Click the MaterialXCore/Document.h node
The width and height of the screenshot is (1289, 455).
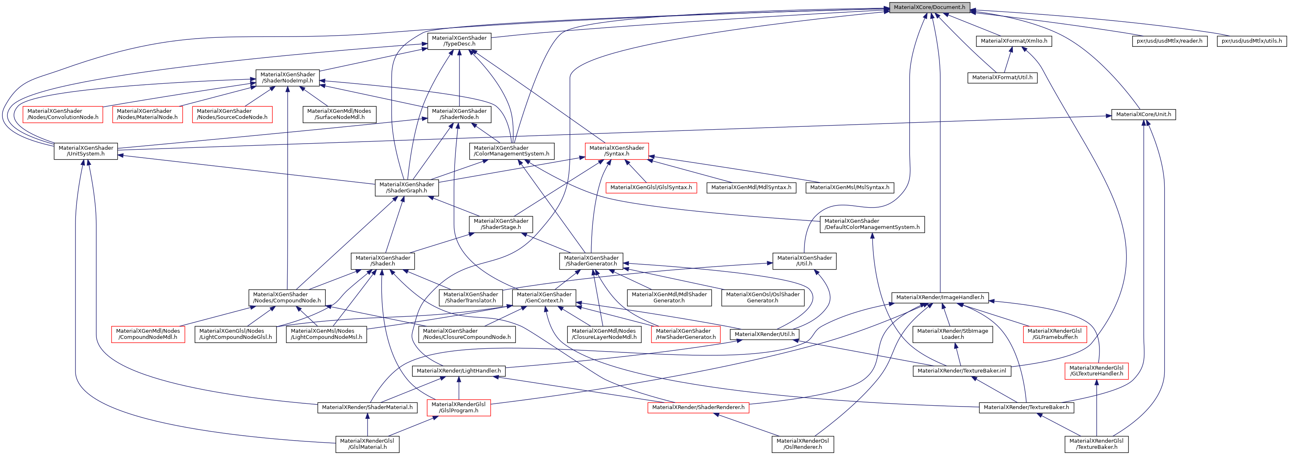929,7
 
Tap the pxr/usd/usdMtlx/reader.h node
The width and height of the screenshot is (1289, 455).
1169,41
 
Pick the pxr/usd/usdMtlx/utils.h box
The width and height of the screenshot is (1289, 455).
1252,41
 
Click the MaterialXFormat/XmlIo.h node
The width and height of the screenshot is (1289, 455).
1014,41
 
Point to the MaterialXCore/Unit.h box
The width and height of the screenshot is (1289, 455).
1143,114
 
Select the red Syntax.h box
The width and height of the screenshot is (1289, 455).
617,151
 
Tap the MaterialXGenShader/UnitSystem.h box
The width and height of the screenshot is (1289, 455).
86,151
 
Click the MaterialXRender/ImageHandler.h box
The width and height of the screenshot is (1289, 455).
940,297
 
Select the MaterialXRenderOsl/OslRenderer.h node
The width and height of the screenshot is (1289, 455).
802,444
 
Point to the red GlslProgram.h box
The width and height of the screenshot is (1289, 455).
459,407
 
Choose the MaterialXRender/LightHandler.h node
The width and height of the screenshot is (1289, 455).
459,371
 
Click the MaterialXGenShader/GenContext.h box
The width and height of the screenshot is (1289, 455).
544,297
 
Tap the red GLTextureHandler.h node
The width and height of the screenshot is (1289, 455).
1096,371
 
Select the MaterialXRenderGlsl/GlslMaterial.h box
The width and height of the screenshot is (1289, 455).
367,444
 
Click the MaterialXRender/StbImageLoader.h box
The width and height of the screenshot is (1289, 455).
953,334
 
